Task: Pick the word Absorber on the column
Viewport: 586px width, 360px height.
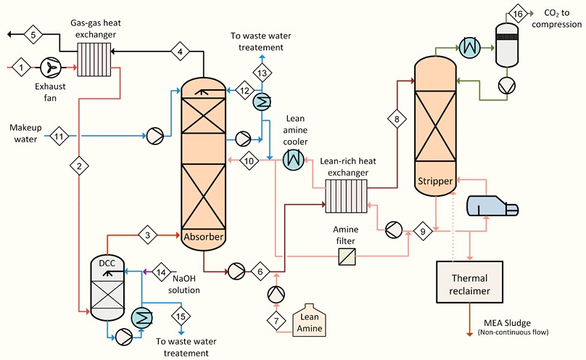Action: [x=205, y=236]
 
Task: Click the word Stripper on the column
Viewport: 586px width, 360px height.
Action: [x=435, y=180]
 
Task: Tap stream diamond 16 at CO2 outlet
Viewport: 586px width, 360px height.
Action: [x=517, y=15]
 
